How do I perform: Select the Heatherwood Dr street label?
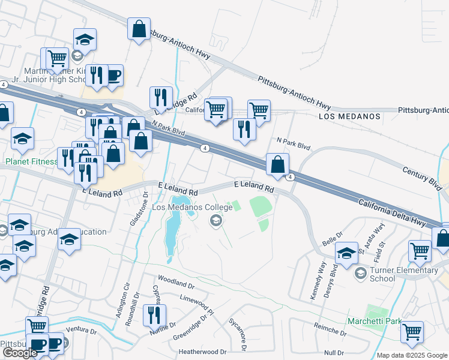(203, 352)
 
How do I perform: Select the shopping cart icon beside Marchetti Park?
(412, 332)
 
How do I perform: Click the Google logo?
(19, 353)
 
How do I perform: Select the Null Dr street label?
(333, 353)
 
